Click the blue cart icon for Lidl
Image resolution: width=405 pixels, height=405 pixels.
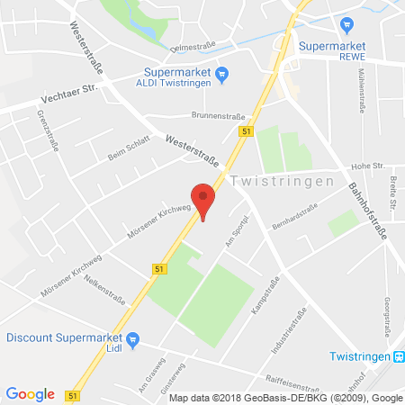point(133,339)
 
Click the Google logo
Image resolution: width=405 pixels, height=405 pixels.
point(30,394)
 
